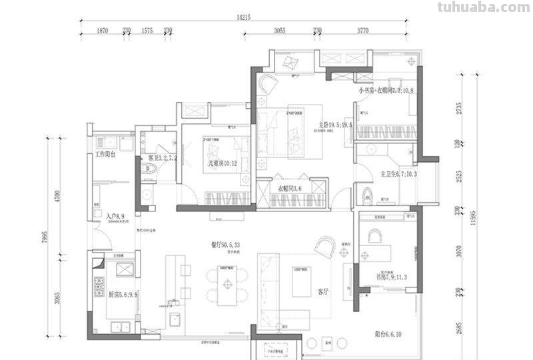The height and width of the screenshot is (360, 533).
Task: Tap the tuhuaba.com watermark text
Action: coord(482,7)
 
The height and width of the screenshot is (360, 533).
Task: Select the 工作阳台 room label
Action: coord(105,155)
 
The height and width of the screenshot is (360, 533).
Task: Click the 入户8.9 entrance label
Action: coord(117,217)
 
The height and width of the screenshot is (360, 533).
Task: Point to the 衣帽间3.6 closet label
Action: coord(290,189)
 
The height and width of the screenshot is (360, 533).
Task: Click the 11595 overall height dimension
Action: coord(474,213)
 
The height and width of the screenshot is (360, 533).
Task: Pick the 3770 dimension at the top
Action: coord(362,31)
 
